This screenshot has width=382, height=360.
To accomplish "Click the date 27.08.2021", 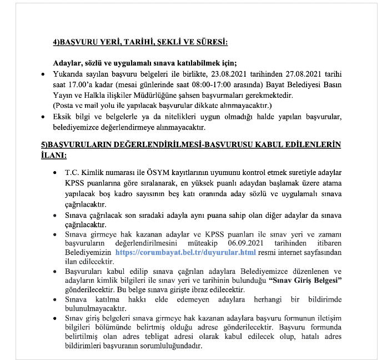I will click(300, 74).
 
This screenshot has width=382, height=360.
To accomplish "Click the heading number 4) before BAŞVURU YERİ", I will click(57, 42).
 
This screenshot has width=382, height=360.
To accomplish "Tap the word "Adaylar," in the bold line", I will click(67, 63).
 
